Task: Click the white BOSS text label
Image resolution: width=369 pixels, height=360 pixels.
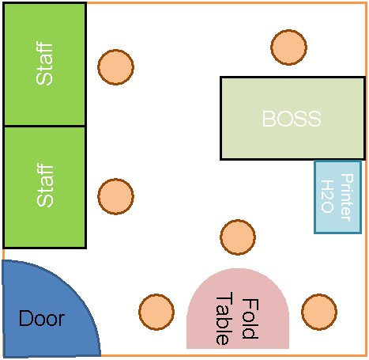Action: click(292, 119)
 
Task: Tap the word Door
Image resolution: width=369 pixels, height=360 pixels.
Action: click(42, 318)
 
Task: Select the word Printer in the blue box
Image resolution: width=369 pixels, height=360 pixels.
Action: click(347, 197)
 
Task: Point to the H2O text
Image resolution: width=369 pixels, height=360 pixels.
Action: click(327, 196)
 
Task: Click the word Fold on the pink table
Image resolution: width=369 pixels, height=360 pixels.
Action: click(250, 319)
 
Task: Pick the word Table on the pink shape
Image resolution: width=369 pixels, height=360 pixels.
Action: click(224, 318)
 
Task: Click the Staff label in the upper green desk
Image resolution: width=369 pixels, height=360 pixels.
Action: click(44, 63)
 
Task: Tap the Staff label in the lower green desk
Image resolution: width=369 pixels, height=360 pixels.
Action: click(45, 185)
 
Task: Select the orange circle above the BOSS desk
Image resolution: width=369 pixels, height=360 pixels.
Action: click(288, 47)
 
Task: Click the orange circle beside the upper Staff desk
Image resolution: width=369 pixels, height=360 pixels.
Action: click(115, 67)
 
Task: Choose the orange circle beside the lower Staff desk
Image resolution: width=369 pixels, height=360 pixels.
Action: click(115, 196)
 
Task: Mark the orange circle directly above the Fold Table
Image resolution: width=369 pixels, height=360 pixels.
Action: click(238, 237)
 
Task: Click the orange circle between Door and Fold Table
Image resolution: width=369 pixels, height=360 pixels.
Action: click(156, 312)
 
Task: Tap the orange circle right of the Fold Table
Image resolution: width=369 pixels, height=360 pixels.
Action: click(319, 312)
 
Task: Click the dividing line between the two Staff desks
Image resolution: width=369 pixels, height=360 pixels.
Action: click(44, 126)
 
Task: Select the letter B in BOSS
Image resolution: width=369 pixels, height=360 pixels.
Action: click(269, 119)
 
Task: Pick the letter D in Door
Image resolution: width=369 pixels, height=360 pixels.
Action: click(25, 318)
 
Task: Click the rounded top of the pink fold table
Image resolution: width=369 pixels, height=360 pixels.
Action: click(238, 270)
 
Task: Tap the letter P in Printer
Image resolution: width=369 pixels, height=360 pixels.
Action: click(347, 179)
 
